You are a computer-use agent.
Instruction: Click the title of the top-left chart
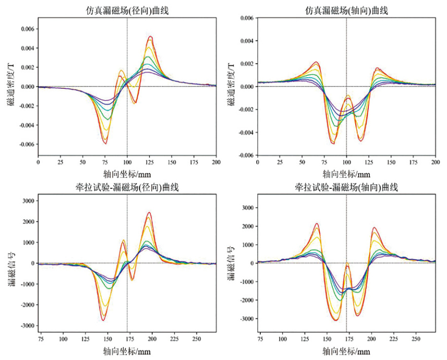(x=126, y=9)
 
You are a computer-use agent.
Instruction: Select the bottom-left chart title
(x=126, y=187)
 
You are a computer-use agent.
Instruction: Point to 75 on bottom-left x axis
(x=41, y=338)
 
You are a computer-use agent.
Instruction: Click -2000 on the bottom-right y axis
(x=246, y=300)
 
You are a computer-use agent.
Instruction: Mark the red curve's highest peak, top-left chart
(x=150, y=37)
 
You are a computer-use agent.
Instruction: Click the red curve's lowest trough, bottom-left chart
(x=104, y=320)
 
